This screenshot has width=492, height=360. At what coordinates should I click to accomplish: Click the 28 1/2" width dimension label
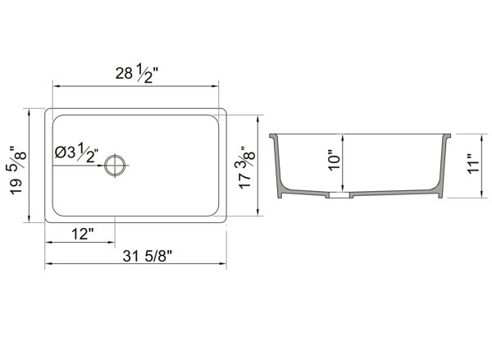pyautogui.click(x=136, y=75)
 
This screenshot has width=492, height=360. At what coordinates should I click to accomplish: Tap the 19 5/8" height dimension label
pyautogui.click(x=17, y=171)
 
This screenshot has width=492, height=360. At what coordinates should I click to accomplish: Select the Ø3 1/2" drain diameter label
pyautogui.click(x=76, y=153)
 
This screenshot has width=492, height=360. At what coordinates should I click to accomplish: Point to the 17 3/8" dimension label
pyautogui.click(x=246, y=166)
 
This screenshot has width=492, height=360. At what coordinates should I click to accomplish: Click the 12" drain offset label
pyautogui.click(x=83, y=234)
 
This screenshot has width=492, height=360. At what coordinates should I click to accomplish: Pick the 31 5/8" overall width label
pyautogui.click(x=148, y=256)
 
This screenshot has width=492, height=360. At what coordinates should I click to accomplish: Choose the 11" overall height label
pyautogui.click(x=473, y=163)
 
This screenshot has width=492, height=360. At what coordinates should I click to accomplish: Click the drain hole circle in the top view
pyautogui.click(x=115, y=166)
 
